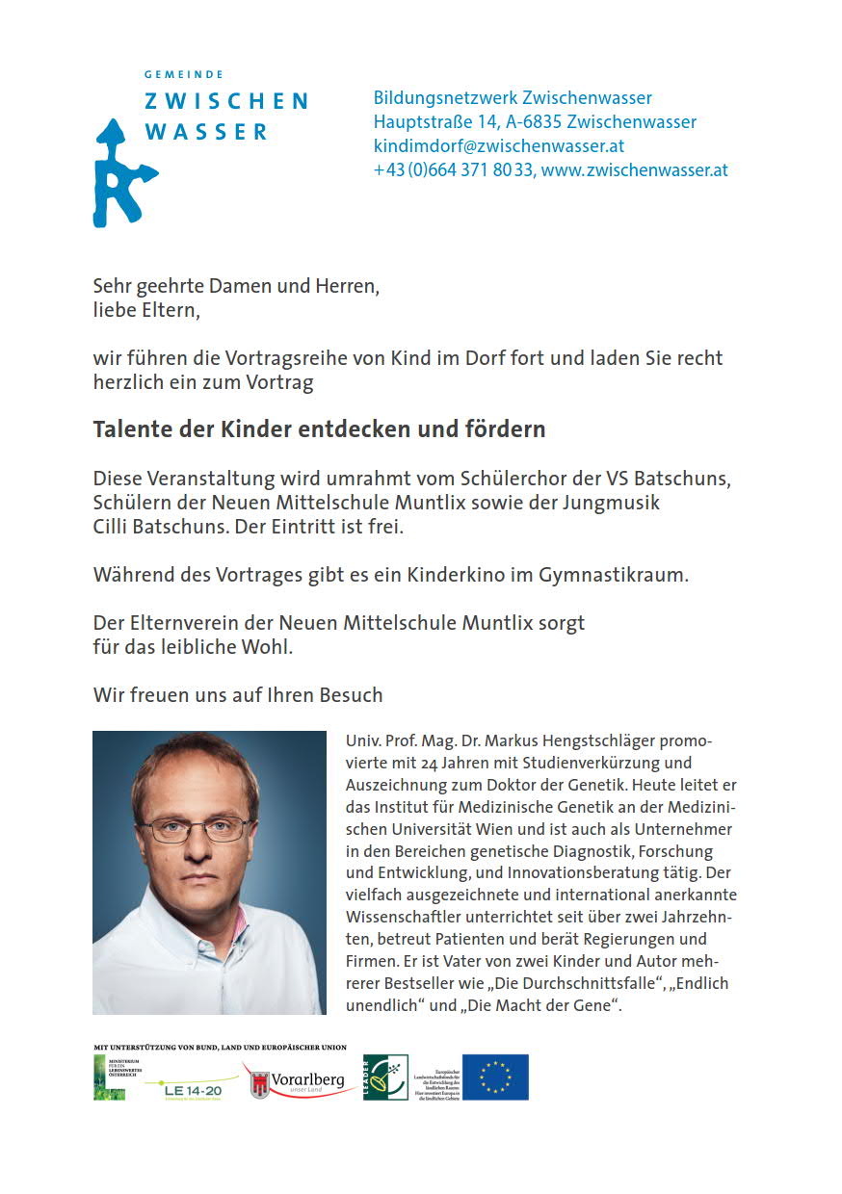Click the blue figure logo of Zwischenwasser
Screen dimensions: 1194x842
(x=122, y=173)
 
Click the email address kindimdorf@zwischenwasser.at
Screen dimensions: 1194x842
(x=499, y=146)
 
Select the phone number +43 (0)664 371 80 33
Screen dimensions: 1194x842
(x=452, y=170)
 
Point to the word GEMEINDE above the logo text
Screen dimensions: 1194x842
(x=184, y=74)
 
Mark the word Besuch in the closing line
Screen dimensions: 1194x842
(x=351, y=695)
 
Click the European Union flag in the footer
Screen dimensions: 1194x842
(x=495, y=1077)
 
